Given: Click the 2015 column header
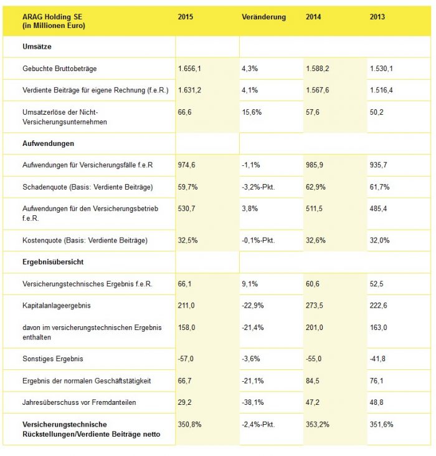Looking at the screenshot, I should click(x=186, y=17).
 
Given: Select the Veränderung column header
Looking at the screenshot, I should click(x=263, y=17).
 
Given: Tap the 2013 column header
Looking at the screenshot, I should click(x=377, y=17).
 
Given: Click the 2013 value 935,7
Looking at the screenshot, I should click(x=378, y=165).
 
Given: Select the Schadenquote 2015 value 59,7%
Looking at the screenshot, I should click(x=187, y=187).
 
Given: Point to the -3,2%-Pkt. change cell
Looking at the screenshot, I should click(x=261, y=187).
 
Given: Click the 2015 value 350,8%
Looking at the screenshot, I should click(x=189, y=424).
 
